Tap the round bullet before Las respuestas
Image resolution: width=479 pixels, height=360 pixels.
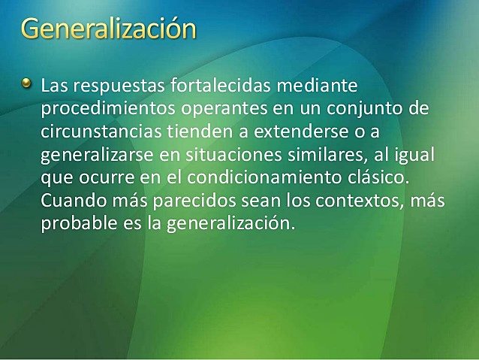coord(27,82)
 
